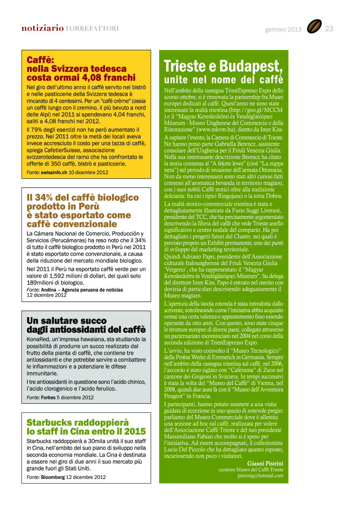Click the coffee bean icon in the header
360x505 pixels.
[314, 27]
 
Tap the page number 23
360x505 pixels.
[329, 29]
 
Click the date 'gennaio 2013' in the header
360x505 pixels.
[283, 29]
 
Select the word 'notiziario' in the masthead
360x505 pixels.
[43, 29]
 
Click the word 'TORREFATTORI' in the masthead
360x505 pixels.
[92, 29]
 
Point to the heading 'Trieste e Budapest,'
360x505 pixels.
[223, 66]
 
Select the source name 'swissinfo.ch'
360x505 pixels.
[54, 172]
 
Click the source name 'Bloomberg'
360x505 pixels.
[53, 477]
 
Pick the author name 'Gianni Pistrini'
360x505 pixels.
[265, 463]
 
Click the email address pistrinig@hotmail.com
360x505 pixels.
[260, 476]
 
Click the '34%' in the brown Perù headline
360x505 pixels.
[44, 197]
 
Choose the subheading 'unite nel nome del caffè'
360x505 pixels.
[223, 80]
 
